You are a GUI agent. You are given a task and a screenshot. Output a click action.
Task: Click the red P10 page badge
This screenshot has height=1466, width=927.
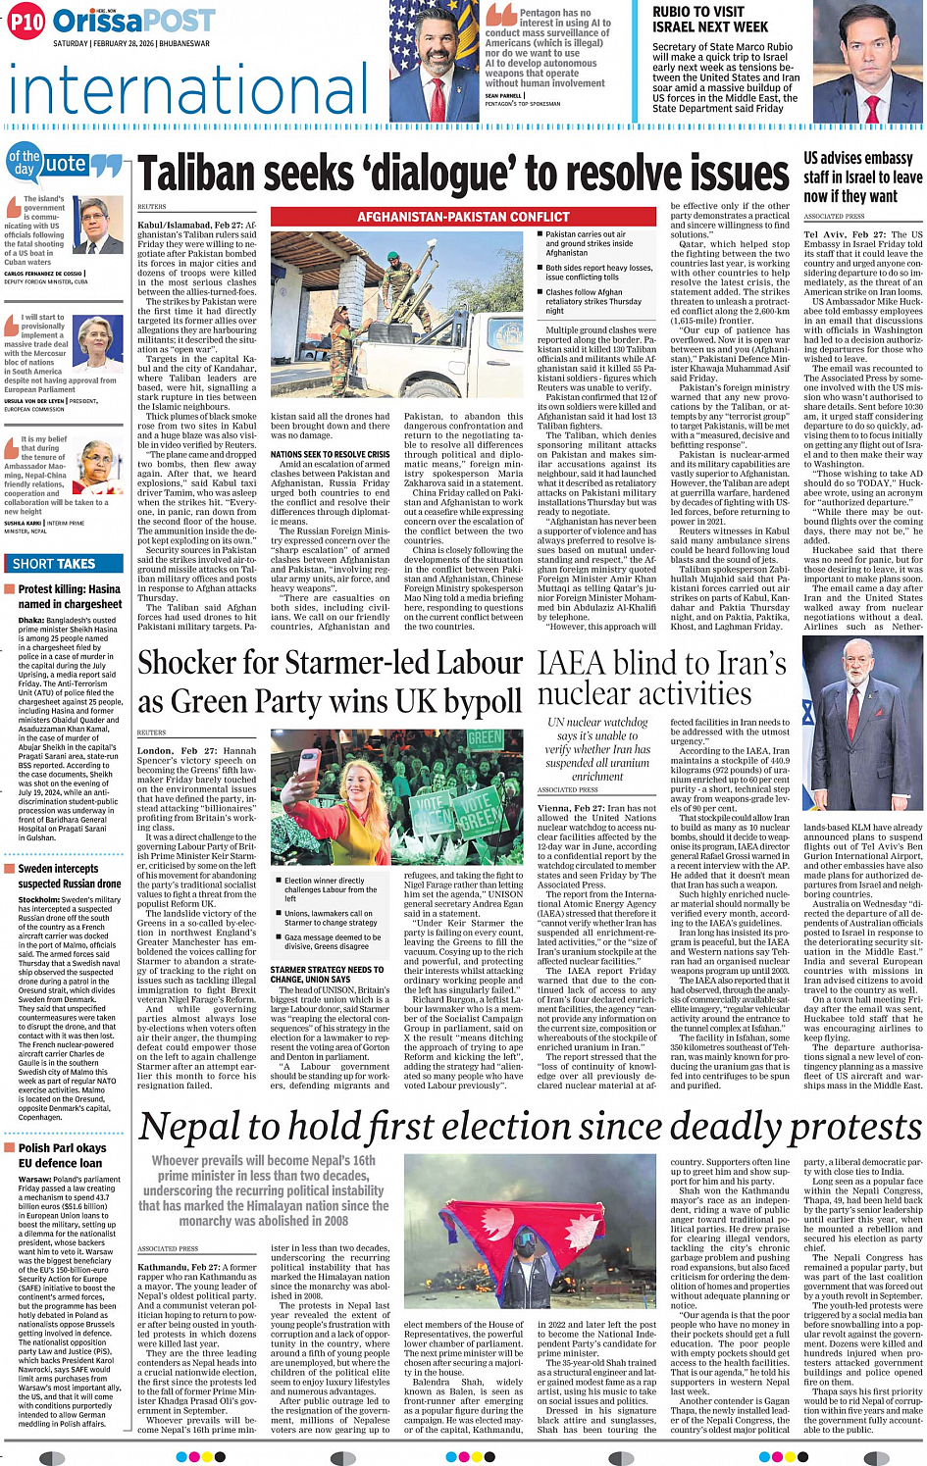(26, 22)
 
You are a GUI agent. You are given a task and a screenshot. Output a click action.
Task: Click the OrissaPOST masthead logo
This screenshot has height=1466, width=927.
(133, 21)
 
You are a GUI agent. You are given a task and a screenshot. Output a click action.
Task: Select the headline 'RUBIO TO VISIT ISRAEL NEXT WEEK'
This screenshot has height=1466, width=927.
(711, 20)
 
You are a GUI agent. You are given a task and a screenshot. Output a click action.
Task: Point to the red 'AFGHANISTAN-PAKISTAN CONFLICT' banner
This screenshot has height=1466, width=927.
(463, 217)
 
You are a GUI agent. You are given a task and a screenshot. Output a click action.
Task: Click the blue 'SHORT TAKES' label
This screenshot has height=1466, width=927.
(54, 564)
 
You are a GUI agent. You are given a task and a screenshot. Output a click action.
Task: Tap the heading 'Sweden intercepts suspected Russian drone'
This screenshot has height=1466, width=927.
(70, 877)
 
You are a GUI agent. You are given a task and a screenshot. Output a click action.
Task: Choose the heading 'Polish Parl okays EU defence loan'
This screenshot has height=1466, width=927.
(62, 1155)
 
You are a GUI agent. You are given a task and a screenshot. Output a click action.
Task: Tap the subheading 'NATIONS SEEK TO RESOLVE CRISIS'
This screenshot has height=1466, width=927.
(330, 455)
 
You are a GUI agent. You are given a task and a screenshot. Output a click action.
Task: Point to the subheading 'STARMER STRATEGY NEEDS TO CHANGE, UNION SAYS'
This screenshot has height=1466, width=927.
(327, 974)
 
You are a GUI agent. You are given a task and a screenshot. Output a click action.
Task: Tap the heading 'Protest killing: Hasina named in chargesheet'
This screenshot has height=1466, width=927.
(70, 596)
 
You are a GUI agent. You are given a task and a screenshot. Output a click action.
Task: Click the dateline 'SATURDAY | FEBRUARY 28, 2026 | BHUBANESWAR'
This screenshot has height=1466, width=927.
(130, 43)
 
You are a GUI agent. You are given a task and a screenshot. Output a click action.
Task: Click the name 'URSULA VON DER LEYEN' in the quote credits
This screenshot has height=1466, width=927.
(33, 401)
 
